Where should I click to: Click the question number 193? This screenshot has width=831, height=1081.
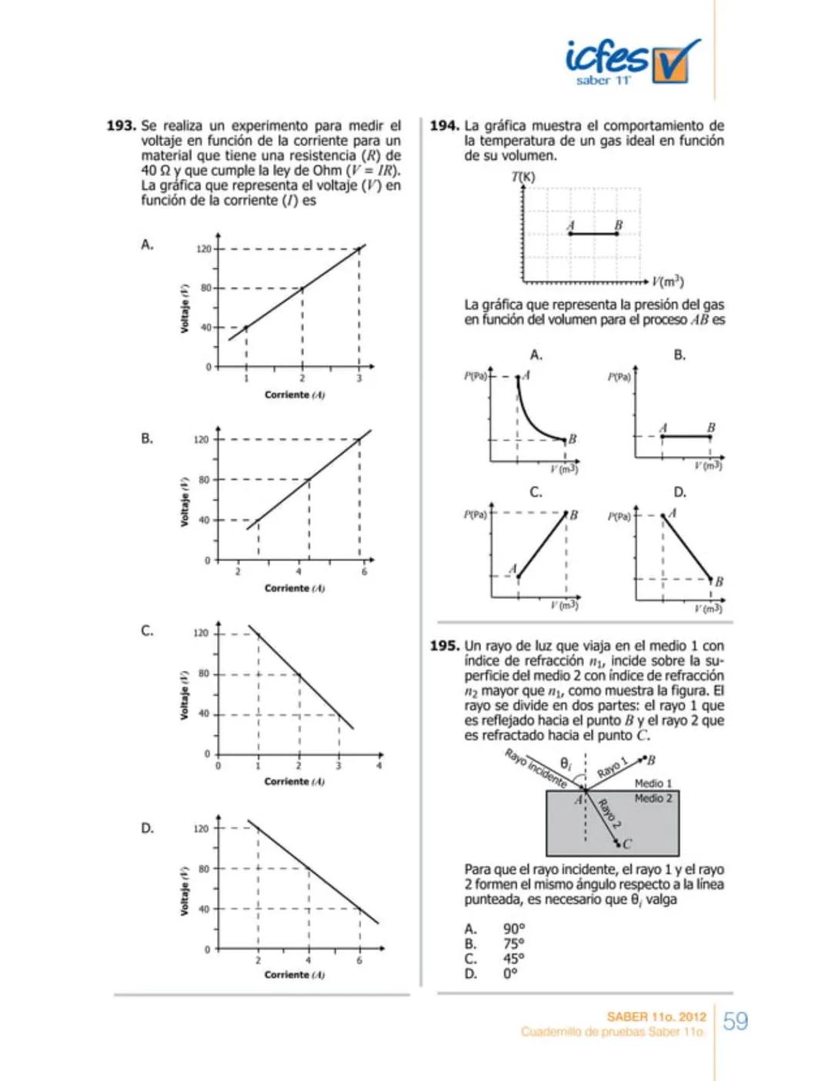click(121, 125)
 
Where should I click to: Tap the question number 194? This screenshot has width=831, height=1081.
click(444, 125)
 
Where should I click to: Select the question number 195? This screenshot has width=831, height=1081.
click(444, 646)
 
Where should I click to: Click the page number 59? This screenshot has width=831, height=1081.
click(736, 1021)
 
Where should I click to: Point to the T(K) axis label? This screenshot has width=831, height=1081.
click(523, 177)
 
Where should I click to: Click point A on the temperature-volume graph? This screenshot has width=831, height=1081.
click(570, 232)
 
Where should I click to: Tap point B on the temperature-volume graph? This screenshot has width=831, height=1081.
click(617, 232)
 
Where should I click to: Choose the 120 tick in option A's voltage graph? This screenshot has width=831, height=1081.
click(203, 249)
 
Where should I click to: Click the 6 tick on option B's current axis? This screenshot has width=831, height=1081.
click(364, 572)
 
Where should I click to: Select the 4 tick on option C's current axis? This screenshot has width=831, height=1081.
click(379, 766)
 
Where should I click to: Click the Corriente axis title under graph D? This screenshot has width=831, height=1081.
click(294, 975)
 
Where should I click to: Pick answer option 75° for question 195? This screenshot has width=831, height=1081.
click(514, 944)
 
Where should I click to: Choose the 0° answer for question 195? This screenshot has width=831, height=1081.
click(511, 974)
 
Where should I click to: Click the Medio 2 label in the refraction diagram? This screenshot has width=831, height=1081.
click(652, 799)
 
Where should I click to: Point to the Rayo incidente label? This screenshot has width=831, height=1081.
click(536, 767)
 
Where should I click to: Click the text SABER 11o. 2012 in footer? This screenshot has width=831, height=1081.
click(656, 1016)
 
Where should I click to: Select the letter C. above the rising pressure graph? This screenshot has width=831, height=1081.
click(536, 492)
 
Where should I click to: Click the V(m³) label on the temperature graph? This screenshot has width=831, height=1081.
click(667, 281)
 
